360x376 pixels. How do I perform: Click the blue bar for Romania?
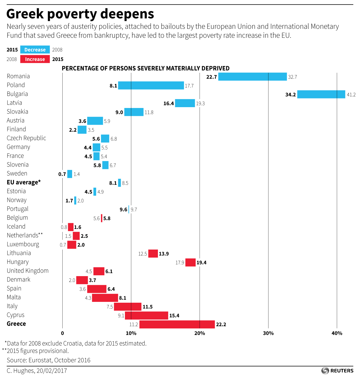tap(252, 77)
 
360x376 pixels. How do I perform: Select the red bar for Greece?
tap(177, 325)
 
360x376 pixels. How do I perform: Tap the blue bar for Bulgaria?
tap(321, 94)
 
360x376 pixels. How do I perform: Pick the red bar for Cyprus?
tap(146, 316)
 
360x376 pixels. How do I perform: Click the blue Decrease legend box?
tap(35, 50)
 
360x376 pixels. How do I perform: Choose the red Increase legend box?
tap(35, 59)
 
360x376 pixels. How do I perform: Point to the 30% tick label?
tap(268, 333)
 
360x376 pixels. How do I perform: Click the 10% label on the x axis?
tap(131, 333)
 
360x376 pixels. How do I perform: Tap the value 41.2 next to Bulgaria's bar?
tap(351, 95)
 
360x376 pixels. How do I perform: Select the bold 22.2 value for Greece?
tap(221, 325)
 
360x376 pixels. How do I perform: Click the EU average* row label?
tap(24, 182)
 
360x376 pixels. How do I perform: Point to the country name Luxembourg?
tap(23, 244)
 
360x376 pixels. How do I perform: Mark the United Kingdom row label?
tap(28, 271)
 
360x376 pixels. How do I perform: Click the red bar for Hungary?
tap(190, 262)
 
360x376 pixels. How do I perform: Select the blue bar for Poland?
tap(151, 86)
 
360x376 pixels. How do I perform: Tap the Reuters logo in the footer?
tap(338, 371)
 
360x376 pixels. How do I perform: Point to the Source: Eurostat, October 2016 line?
tap(49, 360)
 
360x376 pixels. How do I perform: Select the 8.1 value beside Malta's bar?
tap(122, 298)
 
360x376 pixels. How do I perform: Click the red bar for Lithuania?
tap(153, 253)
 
